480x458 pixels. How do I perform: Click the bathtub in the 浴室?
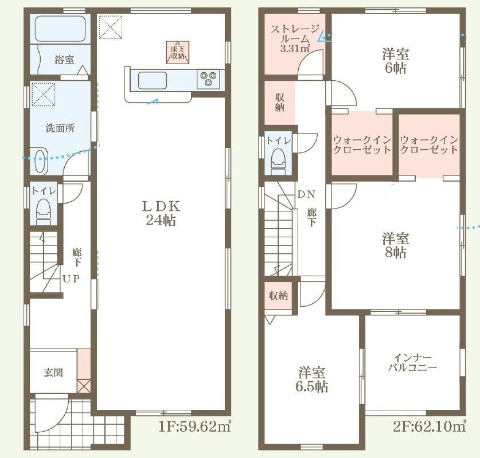[60, 29]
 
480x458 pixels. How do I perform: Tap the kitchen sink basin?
[153, 80]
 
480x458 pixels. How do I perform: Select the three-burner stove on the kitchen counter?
[208, 79]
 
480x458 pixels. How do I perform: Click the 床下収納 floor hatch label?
[178, 53]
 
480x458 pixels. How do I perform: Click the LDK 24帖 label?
[161, 213]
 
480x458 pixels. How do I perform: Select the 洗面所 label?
[60, 128]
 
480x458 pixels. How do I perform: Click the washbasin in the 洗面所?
[41, 161]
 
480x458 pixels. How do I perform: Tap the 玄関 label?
[53, 373]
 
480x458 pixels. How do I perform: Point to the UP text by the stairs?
[71, 279]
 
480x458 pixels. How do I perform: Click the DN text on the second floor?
[306, 194]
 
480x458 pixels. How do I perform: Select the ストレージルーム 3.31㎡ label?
[295, 39]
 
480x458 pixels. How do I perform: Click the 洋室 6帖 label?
[396, 61]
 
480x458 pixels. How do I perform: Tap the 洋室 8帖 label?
[396, 246]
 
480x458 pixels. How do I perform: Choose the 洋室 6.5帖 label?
[311, 379]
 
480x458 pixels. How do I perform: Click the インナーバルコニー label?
[412, 362]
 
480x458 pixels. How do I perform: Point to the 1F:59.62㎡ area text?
[194, 426]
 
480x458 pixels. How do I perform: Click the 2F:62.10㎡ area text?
[429, 426]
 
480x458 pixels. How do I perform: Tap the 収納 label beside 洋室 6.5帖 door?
[278, 296]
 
